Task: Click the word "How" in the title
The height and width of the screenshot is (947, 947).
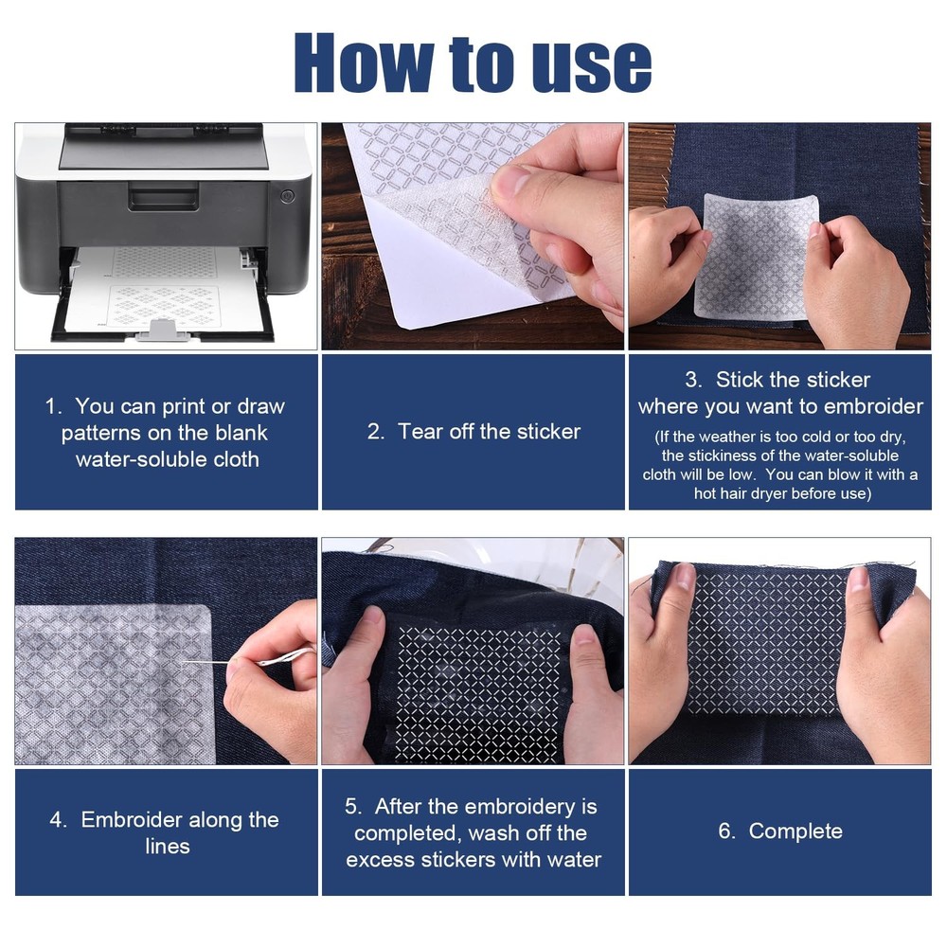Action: click(364, 63)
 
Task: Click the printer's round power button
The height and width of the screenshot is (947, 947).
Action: click(288, 196)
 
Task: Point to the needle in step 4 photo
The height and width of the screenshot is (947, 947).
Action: click(205, 663)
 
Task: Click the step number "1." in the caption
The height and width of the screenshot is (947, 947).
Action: click(54, 406)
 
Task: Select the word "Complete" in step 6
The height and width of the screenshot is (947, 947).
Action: click(795, 831)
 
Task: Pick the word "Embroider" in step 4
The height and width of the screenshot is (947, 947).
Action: click(132, 819)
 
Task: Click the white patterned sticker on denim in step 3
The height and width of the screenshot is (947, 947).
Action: click(758, 257)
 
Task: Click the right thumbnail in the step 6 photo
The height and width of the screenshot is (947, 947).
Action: click(858, 579)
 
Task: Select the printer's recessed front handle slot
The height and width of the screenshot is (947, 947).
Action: click(163, 199)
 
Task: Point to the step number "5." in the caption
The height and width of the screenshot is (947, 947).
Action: click(354, 806)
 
